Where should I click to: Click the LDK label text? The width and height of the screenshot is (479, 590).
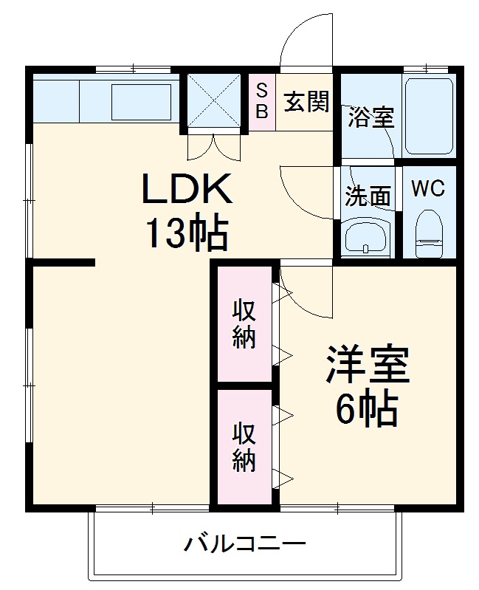[187, 190]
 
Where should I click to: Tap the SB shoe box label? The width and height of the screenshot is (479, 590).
[262, 101]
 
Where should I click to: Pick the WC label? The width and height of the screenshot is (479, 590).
[428, 189]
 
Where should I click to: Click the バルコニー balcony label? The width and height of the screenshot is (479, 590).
[244, 546]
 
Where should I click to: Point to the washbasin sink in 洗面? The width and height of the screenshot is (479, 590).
[367, 238]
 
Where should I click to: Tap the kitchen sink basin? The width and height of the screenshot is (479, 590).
[140, 101]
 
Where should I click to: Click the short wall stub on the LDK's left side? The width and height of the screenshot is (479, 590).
[63, 262]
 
